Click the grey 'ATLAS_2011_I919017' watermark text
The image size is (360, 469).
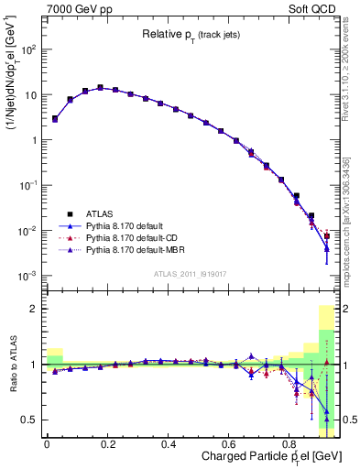[x=191, y=273]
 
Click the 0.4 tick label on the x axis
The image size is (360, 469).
[x=169, y=445]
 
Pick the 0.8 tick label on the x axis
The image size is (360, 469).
[x=289, y=445]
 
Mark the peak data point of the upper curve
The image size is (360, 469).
[x=100, y=88]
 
